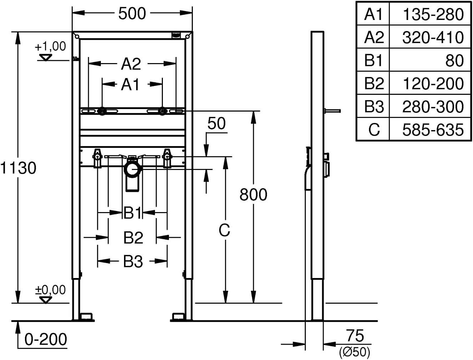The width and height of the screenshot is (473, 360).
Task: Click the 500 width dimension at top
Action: [x=132, y=14]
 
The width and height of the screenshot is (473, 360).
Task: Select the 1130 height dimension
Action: [x=18, y=168]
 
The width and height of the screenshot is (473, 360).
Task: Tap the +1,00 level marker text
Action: [x=50, y=46]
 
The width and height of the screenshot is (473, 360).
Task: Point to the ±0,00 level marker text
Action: [x=50, y=290]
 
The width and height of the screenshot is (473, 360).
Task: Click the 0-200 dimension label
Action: [x=46, y=339]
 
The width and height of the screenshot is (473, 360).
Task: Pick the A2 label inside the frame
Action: [x=131, y=64]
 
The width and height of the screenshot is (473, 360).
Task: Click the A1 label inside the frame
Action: [x=130, y=84]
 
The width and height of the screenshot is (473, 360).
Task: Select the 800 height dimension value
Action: [x=253, y=195]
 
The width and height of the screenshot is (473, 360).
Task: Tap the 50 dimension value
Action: [x=216, y=123]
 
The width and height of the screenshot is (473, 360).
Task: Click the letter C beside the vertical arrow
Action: [x=224, y=230]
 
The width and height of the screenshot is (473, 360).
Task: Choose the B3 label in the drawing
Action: [x=133, y=261]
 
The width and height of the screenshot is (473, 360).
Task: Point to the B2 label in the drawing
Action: [x=133, y=237]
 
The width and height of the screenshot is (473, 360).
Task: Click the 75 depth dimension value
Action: [x=355, y=336]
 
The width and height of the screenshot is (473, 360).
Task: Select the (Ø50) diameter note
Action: [x=354, y=352]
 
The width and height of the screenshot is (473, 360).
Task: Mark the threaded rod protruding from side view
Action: [x=332, y=111]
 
